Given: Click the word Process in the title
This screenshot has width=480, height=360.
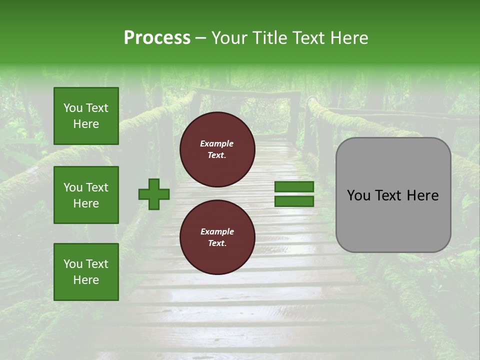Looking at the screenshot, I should coord(157,38).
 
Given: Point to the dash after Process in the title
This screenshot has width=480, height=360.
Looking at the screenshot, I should coord(201,38).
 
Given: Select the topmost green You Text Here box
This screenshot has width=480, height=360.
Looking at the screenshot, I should coord(86,116).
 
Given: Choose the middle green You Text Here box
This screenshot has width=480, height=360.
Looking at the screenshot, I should coord(86,195).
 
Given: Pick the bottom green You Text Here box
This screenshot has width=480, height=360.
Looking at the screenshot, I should coord(86,272).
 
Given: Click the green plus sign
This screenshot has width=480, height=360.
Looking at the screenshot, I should coord(154,194).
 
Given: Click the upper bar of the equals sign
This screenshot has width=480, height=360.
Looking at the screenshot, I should coord(294,186).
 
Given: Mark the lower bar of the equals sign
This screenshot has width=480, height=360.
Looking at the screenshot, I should coord(294,201).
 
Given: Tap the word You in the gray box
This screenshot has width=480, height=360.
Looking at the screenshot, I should coord(359,195).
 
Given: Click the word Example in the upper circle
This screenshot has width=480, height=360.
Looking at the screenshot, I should coord(217,143).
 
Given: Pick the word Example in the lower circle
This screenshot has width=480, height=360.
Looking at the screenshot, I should coord(217,231).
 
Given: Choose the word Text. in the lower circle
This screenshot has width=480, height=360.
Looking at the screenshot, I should coord(217,243).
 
